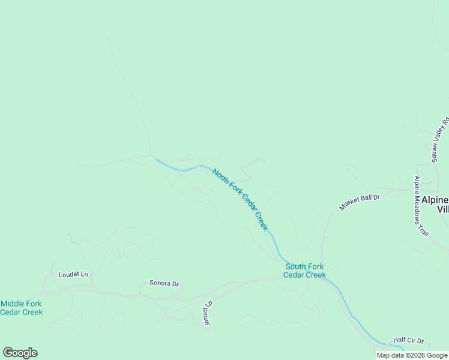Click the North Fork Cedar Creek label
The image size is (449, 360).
(x=240, y=200)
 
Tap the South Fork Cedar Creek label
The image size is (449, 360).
(x=305, y=271)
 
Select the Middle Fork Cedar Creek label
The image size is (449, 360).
(x=22, y=308)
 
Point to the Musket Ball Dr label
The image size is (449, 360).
(x=360, y=202)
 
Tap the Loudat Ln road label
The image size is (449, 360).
(x=73, y=275)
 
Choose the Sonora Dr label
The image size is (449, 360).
(x=164, y=283)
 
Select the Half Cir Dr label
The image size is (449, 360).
(x=408, y=340)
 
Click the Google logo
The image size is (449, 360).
(x=20, y=353)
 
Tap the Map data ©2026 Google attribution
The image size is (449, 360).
(x=412, y=355)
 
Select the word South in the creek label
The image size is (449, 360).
(x=296, y=266)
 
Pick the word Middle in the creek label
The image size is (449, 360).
(x=13, y=304)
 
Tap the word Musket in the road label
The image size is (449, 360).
(x=348, y=205)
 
